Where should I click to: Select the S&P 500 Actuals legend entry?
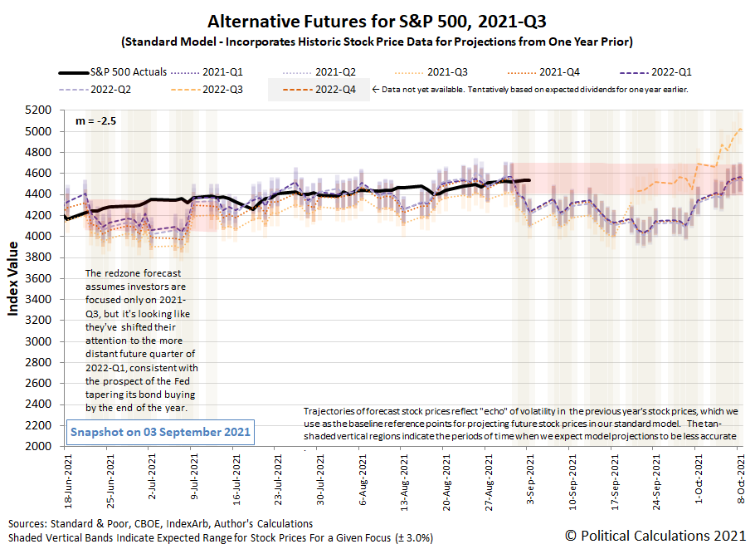point(117,71)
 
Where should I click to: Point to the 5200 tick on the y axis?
point(41,110)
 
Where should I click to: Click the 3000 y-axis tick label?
point(41,341)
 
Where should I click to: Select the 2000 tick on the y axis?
point(41,446)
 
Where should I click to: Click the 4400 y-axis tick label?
point(41,194)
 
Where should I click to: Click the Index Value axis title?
point(14,278)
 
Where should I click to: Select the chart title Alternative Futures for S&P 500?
point(377,21)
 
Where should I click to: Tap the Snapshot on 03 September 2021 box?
point(158,433)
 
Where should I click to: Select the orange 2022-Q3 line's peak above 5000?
point(739,129)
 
